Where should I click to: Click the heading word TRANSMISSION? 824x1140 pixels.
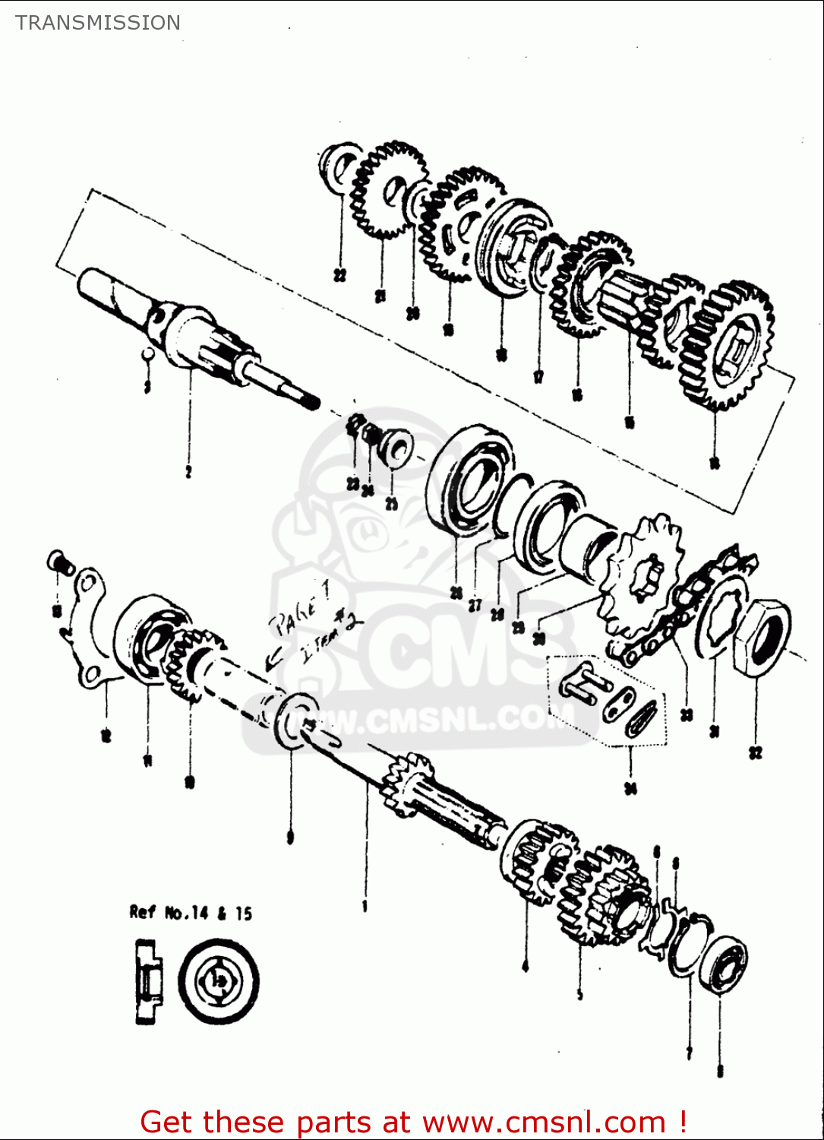98,23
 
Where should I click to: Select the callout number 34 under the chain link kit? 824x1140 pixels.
630,789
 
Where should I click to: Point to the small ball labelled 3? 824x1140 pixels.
150,355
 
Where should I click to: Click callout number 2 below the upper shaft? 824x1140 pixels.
188,472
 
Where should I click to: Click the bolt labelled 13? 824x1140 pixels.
61,563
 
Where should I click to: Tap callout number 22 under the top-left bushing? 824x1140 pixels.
339,275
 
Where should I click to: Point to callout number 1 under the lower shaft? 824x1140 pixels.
365,906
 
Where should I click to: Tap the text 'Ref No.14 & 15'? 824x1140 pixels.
191,913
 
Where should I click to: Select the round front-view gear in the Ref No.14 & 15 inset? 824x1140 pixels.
219,981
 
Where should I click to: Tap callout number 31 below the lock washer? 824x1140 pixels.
714,731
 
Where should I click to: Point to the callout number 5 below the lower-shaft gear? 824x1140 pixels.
580,994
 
